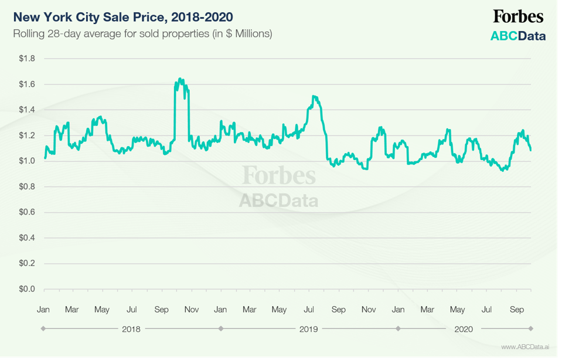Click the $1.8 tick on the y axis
[27, 59]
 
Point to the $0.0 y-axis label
[27, 289]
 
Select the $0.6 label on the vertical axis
[27, 212]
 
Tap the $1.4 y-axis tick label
[27, 110]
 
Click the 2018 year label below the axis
[131, 329]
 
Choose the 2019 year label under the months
[308, 329]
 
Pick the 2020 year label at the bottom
[464, 329]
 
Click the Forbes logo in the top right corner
[517, 17]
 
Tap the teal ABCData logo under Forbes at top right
[517, 36]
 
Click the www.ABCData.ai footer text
[525, 347]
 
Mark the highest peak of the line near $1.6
[180, 79]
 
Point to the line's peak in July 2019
[315, 96]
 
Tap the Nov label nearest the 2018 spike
[191, 309]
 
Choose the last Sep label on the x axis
[517, 309]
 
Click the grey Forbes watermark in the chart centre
[278, 175]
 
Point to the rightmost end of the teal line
[531, 151]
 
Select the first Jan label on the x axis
[43, 309]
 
